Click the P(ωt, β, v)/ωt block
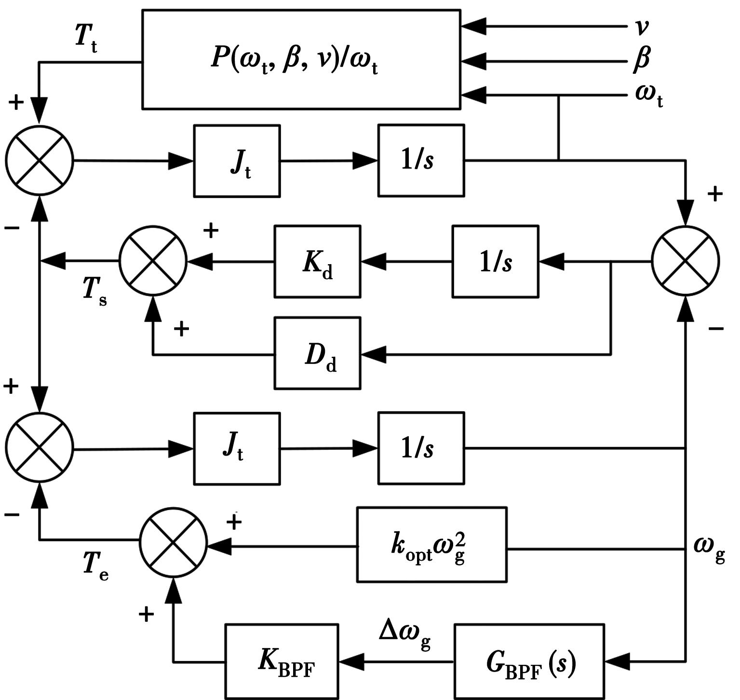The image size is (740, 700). (x=301, y=59)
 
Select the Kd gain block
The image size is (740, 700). (x=317, y=261)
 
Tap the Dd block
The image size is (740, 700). (x=317, y=353)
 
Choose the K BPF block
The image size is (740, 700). (x=282, y=661)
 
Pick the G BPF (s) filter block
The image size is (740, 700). (x=529, y=661)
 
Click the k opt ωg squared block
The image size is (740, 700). (x=431, y=545)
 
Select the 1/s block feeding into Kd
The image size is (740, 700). (x=495, y=261)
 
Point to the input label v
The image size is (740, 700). (x=641, y=27)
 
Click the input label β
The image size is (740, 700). (x=641, y=59)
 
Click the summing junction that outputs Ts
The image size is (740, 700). (x=153, y=261)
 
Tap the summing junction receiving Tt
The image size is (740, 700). (x=40, y=160)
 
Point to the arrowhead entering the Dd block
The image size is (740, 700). (x=372, y=354)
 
